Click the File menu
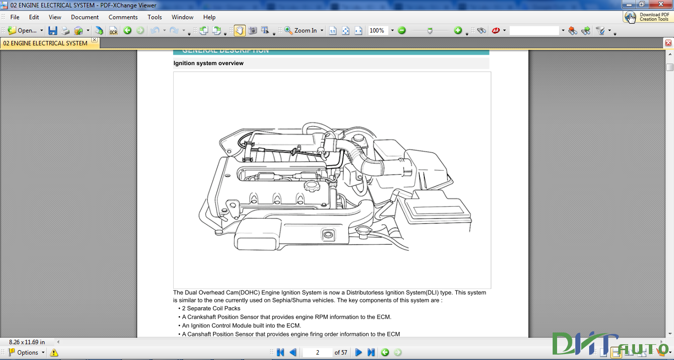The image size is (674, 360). pos(15,17)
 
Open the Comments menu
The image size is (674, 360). pos(123,17)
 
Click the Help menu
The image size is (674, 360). pos(209,17)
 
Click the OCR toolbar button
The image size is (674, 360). pos(113,31)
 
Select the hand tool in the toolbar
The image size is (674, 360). pos(239,31)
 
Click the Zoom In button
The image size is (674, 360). pos(301,31)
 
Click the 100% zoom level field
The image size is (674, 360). pos(377,31)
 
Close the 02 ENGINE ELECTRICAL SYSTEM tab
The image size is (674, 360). pos(94,40)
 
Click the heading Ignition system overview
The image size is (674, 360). pos(208,63)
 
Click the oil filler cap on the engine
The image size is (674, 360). pos(312,186)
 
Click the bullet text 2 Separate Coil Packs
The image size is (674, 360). pos(211,308)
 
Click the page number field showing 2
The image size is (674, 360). pos(317,353)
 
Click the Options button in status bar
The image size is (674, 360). pos(27,353)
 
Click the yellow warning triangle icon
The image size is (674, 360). pos(54,353)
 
